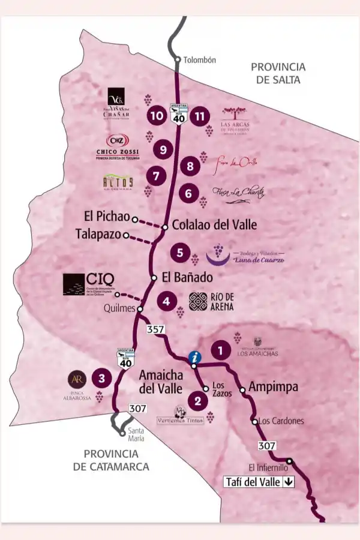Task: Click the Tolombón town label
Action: point(199,60)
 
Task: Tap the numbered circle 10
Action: point(158,116)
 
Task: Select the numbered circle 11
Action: point(200,116)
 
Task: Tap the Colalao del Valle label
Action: point(214,225)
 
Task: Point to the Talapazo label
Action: point(99,233)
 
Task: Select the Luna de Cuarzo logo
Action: point(245,254)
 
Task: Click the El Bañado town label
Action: point(187,278)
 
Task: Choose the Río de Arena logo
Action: point(210,301)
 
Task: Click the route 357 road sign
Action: point(155,329)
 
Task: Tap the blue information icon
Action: point(194,356)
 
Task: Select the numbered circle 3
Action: point(101,378)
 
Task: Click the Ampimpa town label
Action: point(273,387)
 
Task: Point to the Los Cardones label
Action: point(281,421)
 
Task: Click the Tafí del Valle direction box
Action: point(259,482)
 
